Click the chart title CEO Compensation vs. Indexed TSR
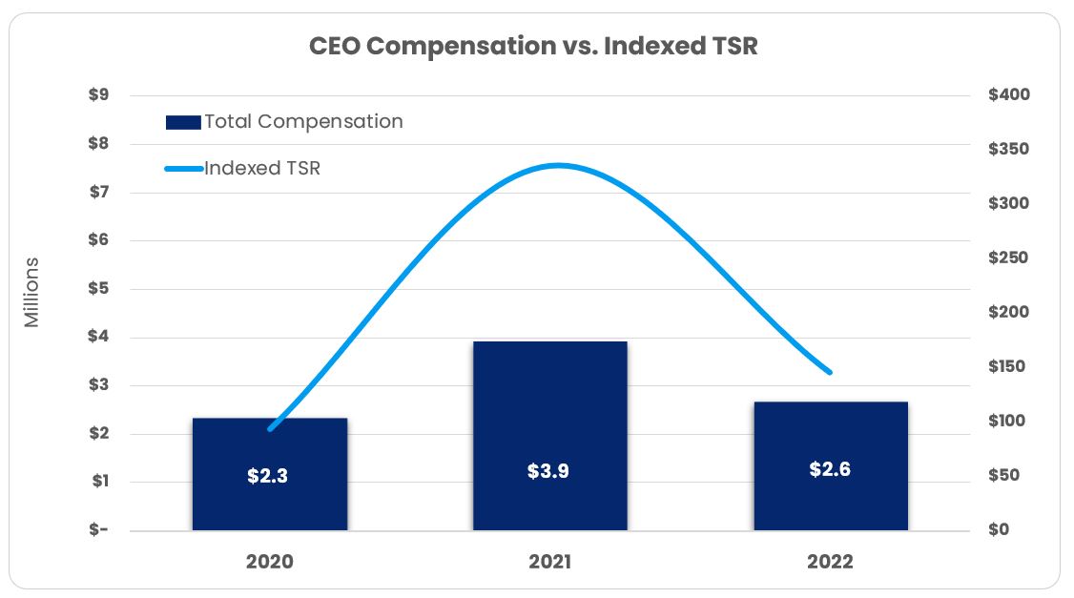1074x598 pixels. pos(533,46)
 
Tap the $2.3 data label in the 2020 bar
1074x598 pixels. pos(267,476)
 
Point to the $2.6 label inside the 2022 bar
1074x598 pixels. pos(829,469)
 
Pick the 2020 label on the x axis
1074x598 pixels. pos(269,562)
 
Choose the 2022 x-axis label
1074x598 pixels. pos(830,562)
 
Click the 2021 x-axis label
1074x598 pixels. pos(549,562)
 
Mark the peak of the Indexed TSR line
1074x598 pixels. pos(558,165)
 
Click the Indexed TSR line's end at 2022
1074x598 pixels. pos(830,372)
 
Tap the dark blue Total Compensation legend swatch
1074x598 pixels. pos(182,122)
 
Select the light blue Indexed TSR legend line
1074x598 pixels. pos(183,169)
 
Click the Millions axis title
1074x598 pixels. pos(32,292)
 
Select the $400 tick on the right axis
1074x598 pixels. pos(1009,95)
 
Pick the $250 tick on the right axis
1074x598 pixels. pos(1009,258)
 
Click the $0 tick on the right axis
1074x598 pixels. pos(999,530)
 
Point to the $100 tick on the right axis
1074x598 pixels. pos(1009,422)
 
